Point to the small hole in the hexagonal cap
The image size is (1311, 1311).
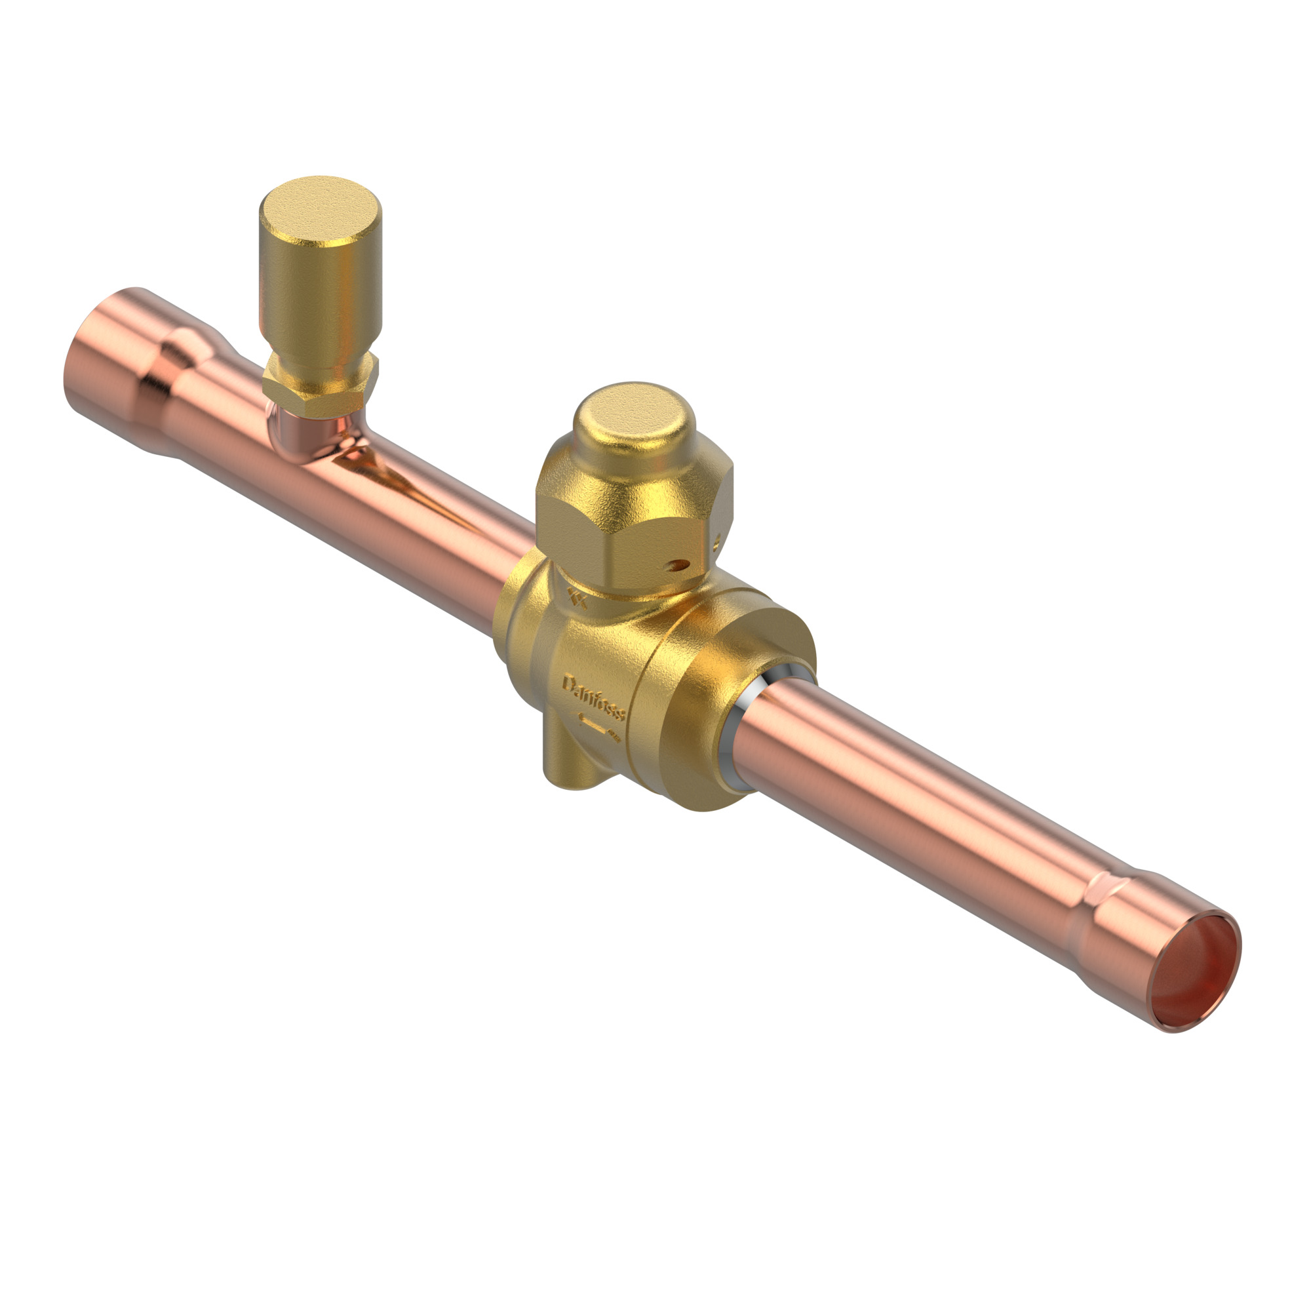point(674,562)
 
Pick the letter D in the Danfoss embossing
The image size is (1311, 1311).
point(568,682)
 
